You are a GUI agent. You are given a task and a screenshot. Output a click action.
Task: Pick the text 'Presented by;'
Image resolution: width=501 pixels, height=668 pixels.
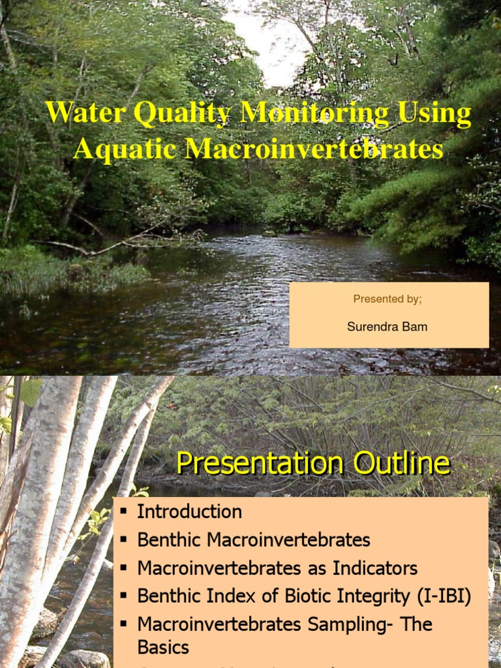point(387,299)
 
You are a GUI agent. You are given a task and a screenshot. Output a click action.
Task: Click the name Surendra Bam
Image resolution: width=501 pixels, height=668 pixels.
point(387,327)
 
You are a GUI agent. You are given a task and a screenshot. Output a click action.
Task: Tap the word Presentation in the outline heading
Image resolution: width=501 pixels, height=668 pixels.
point(254,464)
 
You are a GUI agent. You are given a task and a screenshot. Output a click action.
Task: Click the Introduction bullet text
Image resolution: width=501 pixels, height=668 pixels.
point(189,511)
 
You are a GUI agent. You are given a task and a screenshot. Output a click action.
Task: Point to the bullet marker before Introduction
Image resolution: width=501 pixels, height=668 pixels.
point(123,511)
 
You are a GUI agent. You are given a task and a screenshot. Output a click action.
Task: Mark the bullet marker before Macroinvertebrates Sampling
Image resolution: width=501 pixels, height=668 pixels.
point(123,624)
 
